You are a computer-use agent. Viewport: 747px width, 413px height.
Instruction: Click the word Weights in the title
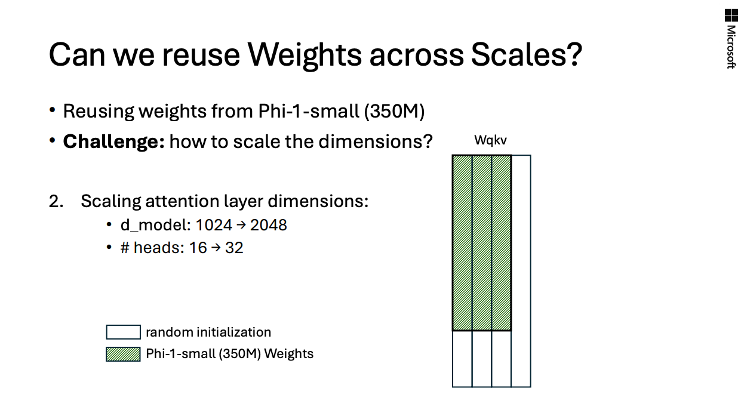pyautogui.click(x=305, y=55)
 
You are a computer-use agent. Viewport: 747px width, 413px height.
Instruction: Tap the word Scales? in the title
pyautogui.click(x=527, y=54)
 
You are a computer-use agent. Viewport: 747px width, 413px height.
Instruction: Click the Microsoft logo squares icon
pyautogui.click(x=731, y=16)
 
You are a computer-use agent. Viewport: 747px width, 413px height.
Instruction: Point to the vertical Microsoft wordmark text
pyautogui.click(x=731, y=47)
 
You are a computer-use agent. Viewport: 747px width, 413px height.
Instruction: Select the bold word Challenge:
pyautogui.click(x=113, y=141)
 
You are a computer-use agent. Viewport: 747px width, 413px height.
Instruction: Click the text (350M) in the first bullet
pyautogui.click(x=395, y=111)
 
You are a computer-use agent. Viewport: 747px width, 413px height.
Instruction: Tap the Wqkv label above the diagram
pyautogui.click(x=490, y=140)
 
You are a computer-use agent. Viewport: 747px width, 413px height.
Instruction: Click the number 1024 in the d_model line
pyautogui.click(x=214, y=225)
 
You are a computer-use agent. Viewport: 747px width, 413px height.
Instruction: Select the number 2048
pyautogui.click(x=269, y=225)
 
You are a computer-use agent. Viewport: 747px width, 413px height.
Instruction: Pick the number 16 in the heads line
pyautogui.click(x=198, y=248)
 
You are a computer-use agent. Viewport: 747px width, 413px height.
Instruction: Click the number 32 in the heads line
pyautogui.click(x=234, y=248)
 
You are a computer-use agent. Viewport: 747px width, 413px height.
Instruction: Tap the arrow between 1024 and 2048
pyautogui.click(x=241, y=226)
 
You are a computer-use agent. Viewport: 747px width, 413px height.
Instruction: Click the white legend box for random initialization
pyautogui.click(x=124, y=332)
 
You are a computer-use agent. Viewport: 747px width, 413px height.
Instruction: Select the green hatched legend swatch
pyautogui.click(x=123, y=354)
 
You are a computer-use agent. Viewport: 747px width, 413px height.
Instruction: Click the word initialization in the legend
pyautogui.click(x=233, y=332)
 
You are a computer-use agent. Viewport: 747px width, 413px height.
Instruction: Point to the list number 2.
pyautogui.click(x=56, y=201)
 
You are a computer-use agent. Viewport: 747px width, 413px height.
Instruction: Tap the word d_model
pyautogui.click(x=155, y=226)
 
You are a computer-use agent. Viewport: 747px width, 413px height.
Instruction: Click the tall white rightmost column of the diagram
pyautogui.click(x=521, y=271)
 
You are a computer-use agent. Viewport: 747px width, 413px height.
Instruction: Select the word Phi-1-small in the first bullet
pyautogui.click(x=309, y=111)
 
